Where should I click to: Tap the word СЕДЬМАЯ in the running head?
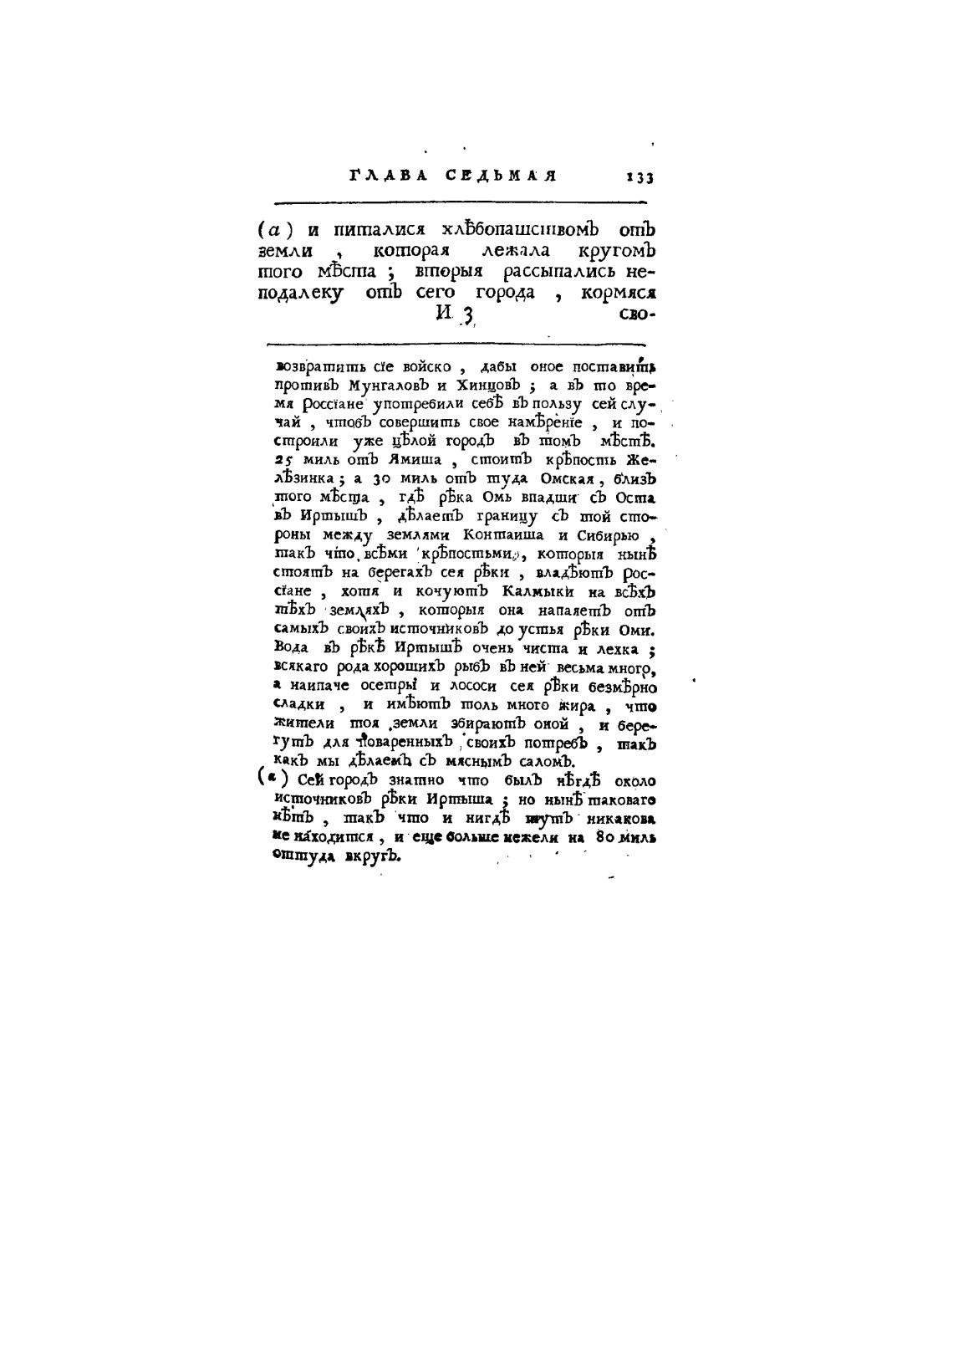tap(501, 176)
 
